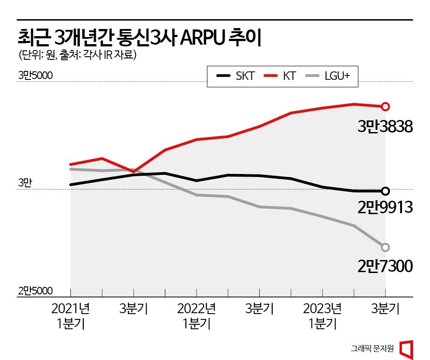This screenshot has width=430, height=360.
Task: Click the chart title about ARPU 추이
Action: (138, 37)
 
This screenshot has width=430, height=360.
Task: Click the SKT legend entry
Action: (236, 76)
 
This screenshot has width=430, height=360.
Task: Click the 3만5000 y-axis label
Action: (35, 76)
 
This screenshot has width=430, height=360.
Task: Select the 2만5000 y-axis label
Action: (35, 291)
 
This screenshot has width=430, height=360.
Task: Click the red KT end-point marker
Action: (385, 106)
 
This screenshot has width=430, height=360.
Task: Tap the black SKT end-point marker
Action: (385, 191)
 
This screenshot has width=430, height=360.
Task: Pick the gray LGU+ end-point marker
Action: (385, 247)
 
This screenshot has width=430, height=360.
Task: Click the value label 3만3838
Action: (385, 128)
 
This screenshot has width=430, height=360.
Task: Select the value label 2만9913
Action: (385, 207)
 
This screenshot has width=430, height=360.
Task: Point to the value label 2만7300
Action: (385, 267)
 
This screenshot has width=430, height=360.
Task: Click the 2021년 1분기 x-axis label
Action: (71, 315)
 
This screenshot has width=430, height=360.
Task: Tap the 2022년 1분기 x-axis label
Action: (197, 315)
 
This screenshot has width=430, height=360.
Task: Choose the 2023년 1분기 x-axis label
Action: (322, 315)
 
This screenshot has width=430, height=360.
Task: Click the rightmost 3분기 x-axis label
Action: (385, 309)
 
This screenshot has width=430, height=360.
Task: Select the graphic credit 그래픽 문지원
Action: (372, 348)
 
